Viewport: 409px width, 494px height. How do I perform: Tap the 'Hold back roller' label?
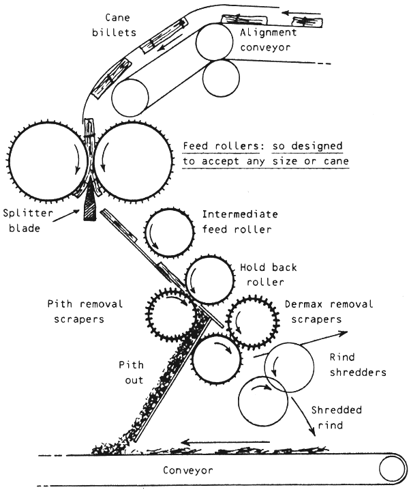click(x=267, y=274)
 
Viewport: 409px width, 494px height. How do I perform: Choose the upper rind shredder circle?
click(x=289, y=367)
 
